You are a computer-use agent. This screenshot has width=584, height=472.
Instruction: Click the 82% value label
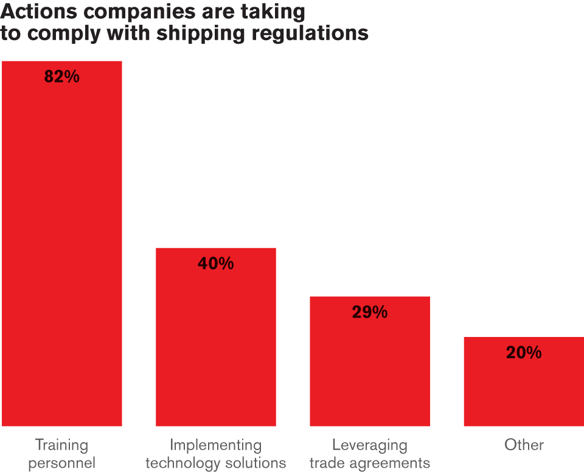tap(62, 77)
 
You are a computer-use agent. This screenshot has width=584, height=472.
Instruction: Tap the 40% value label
tap(215, 263)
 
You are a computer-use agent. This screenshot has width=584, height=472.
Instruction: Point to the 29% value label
tap(370, 312)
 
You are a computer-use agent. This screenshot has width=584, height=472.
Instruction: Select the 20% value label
tap(524, 352)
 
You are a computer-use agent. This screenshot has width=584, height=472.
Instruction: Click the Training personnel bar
tap(62, 244)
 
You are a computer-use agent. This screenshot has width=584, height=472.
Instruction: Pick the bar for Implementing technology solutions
tap(215, 337)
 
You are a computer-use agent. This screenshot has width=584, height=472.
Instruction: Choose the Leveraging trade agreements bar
tap(370, 361)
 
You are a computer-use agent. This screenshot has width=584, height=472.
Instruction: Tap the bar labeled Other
tap(524, 381)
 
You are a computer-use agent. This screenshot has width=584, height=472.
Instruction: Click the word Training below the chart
tap(62, 446)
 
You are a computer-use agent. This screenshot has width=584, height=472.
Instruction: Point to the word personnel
tap(62, 463)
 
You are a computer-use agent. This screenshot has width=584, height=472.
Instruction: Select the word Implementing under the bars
tap(215, 446)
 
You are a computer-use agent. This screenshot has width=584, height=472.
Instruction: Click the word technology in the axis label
tap(183, 463)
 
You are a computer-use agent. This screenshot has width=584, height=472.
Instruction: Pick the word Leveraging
tap(370, 446)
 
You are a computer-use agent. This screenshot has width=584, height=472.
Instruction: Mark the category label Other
tap(524, 445)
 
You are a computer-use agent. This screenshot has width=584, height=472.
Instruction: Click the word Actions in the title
tap(39, 11)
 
